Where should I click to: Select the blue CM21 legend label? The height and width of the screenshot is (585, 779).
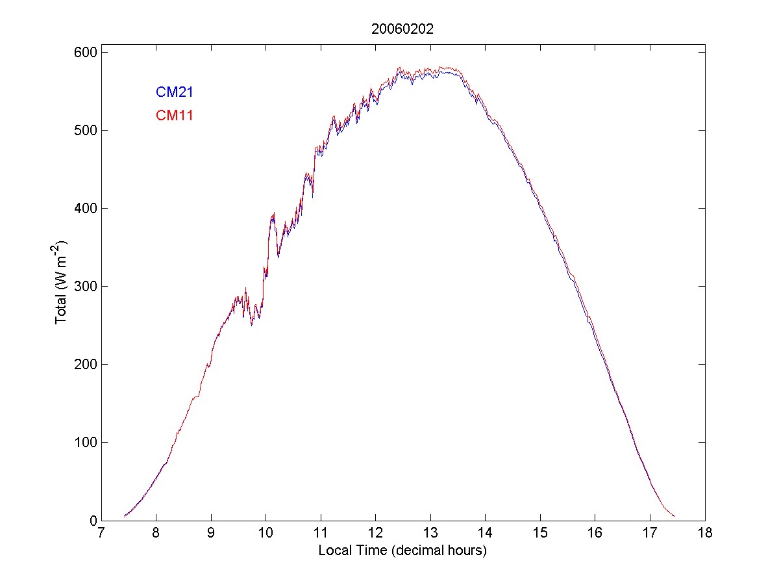(x=175, y=92)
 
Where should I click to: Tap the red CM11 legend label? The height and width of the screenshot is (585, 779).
(x=175, y=116)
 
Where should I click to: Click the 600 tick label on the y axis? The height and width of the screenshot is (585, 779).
(x=81, y=52)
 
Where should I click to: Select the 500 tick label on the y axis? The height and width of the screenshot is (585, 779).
(x=81, y=130)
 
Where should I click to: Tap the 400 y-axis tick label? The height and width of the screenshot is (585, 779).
(x=81, y=208)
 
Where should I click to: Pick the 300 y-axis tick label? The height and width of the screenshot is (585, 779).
(x=81, y=286)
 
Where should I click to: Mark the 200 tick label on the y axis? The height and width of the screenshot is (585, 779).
(x=81, y=364)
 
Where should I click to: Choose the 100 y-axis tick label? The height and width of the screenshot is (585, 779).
(x=81, y=442)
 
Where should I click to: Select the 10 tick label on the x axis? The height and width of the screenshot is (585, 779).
(x=266, y=534)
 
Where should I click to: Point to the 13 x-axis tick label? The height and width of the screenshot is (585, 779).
(x=430, y=534)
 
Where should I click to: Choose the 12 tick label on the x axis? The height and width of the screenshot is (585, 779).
(x=375, y=534)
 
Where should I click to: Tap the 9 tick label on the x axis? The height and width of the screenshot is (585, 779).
(x=211, y=534)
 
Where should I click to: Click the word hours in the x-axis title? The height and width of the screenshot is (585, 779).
(x=465, y=551)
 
